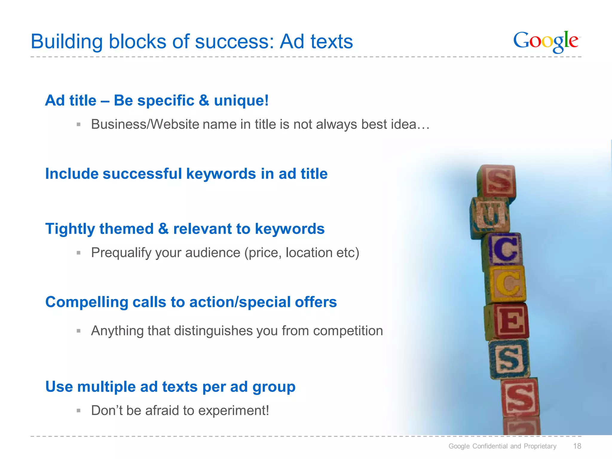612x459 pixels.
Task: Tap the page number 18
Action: point(577,446)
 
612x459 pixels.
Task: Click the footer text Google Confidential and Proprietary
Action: point(502,446)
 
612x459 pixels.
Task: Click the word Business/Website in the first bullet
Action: point(145,124)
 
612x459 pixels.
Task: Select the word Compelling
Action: point(87,302)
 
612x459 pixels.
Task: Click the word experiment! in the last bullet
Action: point(233,411)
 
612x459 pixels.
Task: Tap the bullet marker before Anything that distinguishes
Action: point(79,331)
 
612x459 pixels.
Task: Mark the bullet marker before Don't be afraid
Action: point(79,411)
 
